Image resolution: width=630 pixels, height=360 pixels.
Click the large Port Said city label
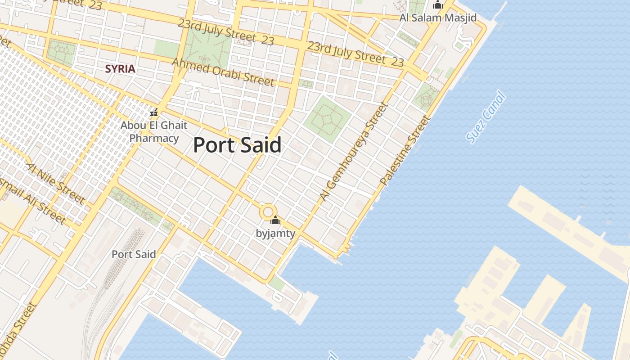pyautogui.click(x=237, y=145)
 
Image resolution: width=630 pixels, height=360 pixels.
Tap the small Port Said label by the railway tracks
pyautogui.click(x=134, y=254)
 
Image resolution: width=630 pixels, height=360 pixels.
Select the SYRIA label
pyautogui.click(x=120, y=69)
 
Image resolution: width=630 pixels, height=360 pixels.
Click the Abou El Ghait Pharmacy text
pyautogui.click(x=154, y=131)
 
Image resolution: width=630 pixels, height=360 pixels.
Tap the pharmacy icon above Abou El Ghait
pyautogui.click(x=154, y=112)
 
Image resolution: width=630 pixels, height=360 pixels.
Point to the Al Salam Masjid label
pyautogui.click(x=438, y=18)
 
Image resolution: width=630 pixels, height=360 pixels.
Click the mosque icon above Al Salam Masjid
pyautogui.click(x=437, y=5)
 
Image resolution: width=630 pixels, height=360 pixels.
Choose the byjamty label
pyautogui.click(x=275, y=233)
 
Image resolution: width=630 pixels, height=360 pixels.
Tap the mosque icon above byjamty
pyautogui.click(x=275, y=220)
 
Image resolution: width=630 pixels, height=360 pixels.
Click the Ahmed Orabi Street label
pyautogui.click(x=223, y=72)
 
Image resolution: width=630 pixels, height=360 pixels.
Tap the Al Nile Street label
pyautogui.click(x=56, y=183)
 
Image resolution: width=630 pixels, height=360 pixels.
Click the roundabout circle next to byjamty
pyautogui.click(x=268, y=211)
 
